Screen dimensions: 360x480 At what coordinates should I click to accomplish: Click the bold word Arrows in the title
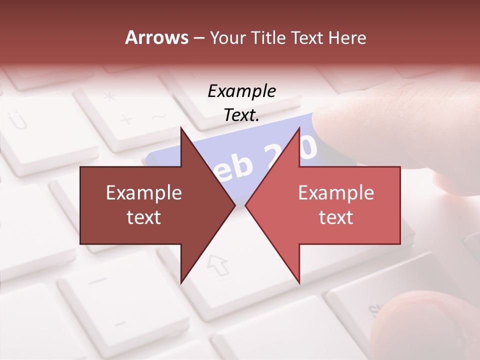click(x=156, y=37)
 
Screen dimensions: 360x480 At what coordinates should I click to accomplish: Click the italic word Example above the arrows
click(x=241, y=91)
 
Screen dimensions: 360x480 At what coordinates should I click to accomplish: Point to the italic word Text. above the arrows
click(x=241, y=115)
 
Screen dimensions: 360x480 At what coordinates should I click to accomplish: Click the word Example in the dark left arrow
click(x=144, y=193)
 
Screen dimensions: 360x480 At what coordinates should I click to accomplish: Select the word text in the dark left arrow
click(x=144, y=217)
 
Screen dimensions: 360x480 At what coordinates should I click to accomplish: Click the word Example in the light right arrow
click(x=336, y=193)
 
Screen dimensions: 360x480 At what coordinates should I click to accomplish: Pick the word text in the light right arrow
click(x=336, y=217)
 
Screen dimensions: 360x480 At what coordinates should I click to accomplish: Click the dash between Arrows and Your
click(x=198, y=38)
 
